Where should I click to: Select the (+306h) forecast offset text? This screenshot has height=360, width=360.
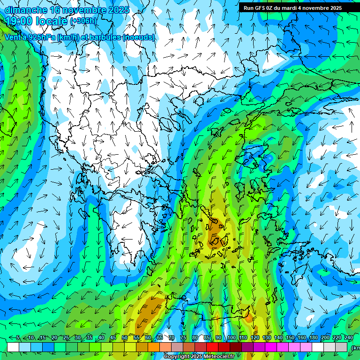tap(83, 21)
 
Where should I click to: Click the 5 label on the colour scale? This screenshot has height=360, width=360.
tap(18, 337)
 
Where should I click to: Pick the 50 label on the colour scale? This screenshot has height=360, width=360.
tap(125, 337)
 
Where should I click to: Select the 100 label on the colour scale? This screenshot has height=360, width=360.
tap(231, 337)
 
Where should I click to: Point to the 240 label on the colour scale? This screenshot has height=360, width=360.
tap(349, 337)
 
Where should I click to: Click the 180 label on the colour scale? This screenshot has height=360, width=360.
tap(314, 337)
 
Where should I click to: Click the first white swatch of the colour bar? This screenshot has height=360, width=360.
tap(13, 347)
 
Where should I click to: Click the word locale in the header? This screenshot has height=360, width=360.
tap(52, 21)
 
